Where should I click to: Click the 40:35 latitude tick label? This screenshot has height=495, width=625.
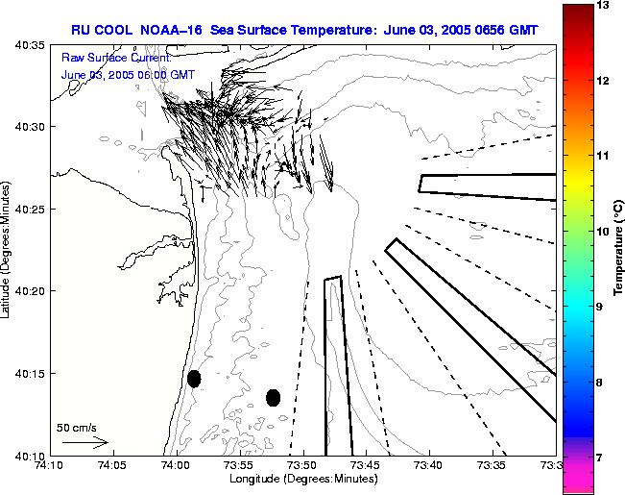(29, 44)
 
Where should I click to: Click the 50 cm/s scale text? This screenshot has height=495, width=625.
(76, 428)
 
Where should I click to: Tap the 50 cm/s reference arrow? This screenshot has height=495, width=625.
(85, 442)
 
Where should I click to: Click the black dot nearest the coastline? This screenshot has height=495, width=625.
(194, 379)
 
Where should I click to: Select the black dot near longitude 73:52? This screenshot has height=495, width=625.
(273, 397)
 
